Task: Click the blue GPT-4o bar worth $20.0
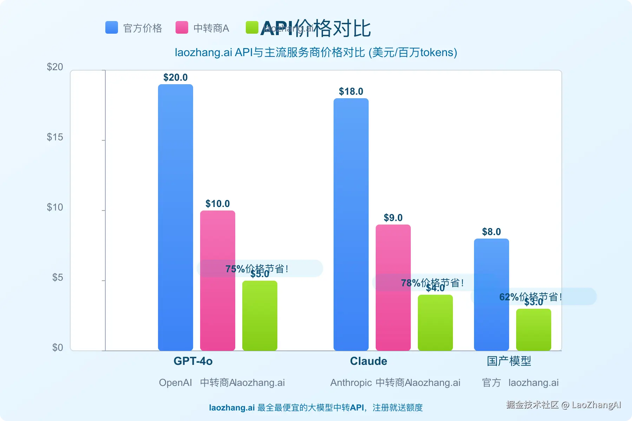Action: [176, 218]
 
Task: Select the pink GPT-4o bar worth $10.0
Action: [218, 281]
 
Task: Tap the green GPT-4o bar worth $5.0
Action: [260, 316]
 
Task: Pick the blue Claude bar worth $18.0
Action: [351, 225]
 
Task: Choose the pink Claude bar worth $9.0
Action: [393, 288]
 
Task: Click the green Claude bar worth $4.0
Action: [435, 323]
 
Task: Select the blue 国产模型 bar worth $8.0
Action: [492, 295]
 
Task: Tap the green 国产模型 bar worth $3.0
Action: [534, 330]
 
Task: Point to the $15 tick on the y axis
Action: [55, 137]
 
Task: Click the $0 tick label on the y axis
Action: [58, 348]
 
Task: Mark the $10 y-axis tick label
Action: [55, 207]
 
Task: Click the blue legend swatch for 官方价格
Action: [112, 27]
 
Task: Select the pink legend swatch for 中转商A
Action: [182, 27]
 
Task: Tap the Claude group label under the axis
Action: [369, 361]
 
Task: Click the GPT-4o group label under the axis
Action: [193, 361]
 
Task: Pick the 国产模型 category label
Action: [509, 361]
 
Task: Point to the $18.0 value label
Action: [351, 92]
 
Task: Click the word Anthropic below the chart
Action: [351, 383]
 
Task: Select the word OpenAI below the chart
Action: [176, 383]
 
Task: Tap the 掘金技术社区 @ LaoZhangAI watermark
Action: [564, 405]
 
